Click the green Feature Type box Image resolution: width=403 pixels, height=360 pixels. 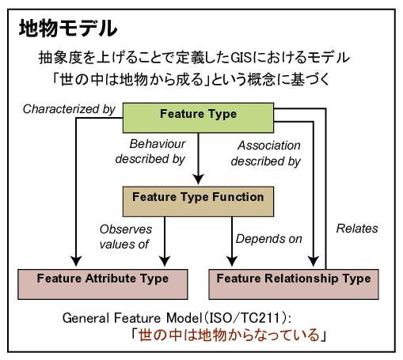pos(198,118)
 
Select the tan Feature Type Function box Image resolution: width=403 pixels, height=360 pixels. pos(198,202)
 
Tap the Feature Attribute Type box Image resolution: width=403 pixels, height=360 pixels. pos(103,284)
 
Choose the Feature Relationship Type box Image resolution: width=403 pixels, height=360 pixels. pos(294,284)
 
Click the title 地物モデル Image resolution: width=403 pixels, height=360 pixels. pos(68,28)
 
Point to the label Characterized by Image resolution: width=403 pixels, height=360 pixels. pos(69,109)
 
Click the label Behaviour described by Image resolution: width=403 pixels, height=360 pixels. pos(150,152)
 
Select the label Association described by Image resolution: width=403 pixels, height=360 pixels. pos(266,153)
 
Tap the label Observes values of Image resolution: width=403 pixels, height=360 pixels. pos(126,237)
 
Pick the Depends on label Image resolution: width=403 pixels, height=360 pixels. pos(269,239)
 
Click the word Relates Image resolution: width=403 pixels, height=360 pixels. pos(357,229)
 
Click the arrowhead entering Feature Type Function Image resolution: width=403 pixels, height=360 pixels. pos(198,180)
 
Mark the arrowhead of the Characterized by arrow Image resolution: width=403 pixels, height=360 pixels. pos(76,261)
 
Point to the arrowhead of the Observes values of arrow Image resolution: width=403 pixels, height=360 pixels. pos(165,261)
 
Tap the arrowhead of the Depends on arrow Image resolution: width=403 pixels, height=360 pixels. pos(232,261)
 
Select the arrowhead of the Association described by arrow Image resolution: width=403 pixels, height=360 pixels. pos(314,261)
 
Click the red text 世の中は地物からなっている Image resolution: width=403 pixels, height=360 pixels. pos(229,335)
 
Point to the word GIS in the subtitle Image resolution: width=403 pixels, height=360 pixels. pos(241,58)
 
